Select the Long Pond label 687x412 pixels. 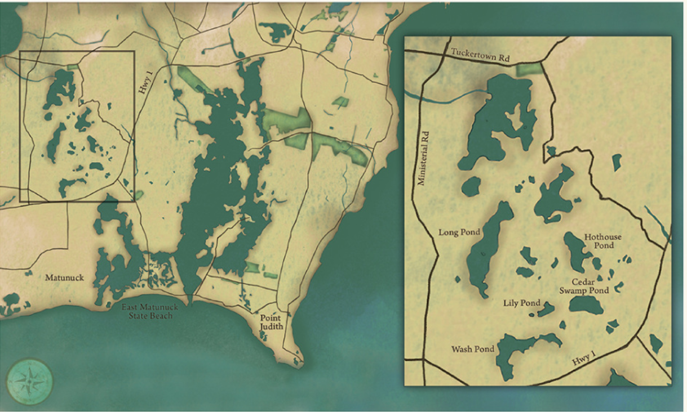[x=459, y=232]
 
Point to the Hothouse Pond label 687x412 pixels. [x=602, y=241]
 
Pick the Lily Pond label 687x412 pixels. [x=521, y=303]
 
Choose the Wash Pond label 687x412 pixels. [x=472, y=349]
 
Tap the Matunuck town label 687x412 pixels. [x=64, y=277]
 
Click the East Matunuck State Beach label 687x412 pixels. [x=148, y=311]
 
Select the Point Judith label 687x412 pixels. [x=270, y=322]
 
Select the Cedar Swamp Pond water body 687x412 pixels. [x=586, y=305]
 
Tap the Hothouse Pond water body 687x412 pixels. [x=577, y=250]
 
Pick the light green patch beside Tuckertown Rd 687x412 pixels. [x=528, y=70]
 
